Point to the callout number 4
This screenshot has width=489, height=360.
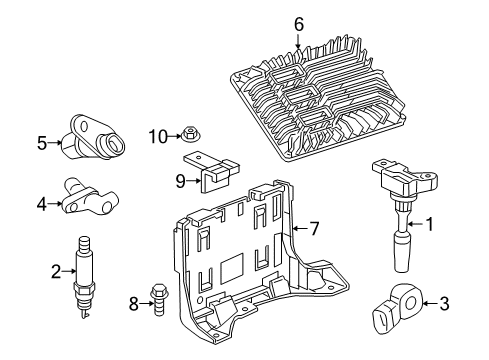[x=42, y=204]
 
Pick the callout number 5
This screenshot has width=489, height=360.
[x=42, y=143]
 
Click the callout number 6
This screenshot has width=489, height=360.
[x=298, y=23]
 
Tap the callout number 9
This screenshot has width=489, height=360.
[x=180, y=180]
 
